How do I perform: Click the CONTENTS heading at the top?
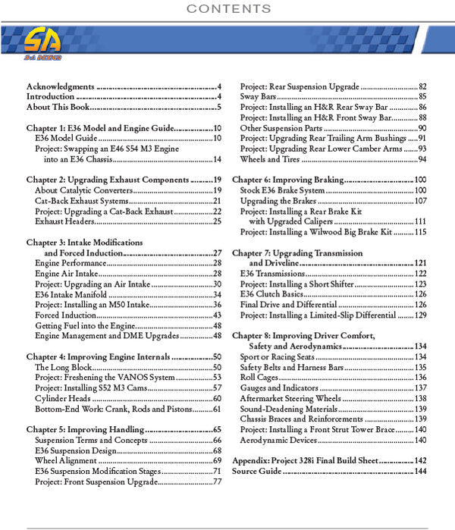pos(227,9)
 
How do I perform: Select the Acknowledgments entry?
pos(61,86)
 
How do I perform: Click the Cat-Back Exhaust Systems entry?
pos(80,201)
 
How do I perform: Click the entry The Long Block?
pos(61,367)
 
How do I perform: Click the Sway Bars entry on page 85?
pos(258,97)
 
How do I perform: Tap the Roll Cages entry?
pos(259,377)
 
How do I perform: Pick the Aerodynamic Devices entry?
pos(278,440)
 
